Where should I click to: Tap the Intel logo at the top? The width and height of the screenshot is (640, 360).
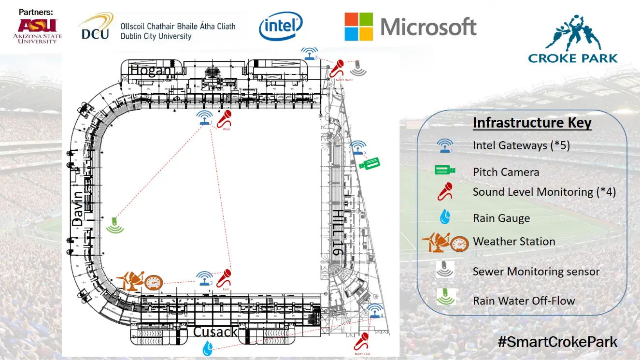(281, 26)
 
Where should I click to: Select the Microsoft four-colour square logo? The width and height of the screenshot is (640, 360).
(359, 27)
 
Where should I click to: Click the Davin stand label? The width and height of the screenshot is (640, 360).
(78, 208)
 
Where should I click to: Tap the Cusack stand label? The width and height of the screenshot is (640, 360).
(215, 332)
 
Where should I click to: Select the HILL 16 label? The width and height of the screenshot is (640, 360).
(338, 232)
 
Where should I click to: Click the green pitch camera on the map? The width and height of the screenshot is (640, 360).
(370, 164)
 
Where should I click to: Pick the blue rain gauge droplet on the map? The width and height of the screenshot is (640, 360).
(208, 348)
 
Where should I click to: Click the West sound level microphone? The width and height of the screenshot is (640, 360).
(225, 119)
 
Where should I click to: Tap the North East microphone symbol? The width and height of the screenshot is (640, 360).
(361, 341)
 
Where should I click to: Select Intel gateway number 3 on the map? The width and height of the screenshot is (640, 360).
(310, 53)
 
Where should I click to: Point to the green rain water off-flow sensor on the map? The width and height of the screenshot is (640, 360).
(114, 225)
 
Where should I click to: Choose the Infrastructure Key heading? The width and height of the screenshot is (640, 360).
(532, 123)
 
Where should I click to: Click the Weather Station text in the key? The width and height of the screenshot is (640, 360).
(514, 241)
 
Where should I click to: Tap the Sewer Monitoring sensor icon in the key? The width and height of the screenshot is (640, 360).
(444, 270)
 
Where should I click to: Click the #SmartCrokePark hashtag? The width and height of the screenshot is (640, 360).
(557, 342)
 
